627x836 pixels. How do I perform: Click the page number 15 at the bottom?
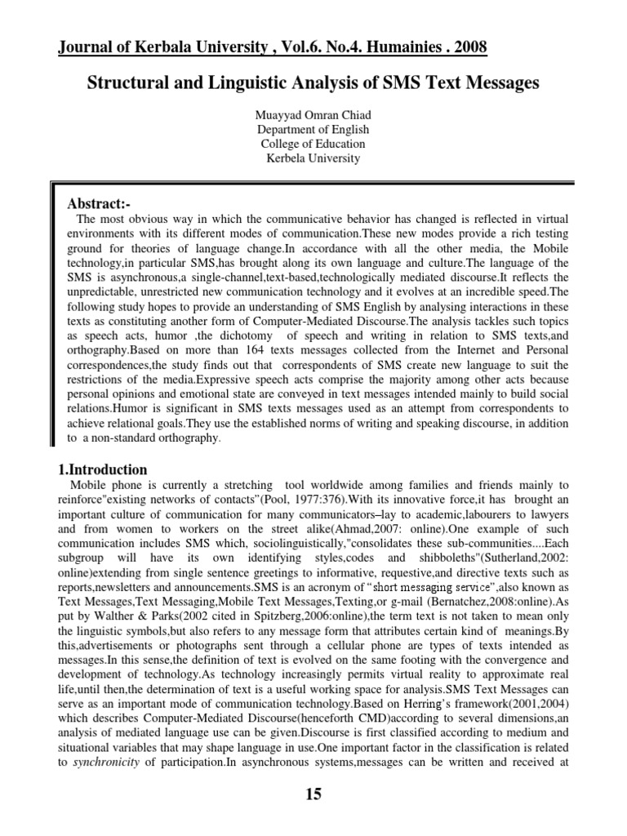point(313,794)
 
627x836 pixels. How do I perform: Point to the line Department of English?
point(313,129)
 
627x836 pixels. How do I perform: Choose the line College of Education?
point(313,144)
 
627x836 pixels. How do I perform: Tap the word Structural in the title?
point(127,83)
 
